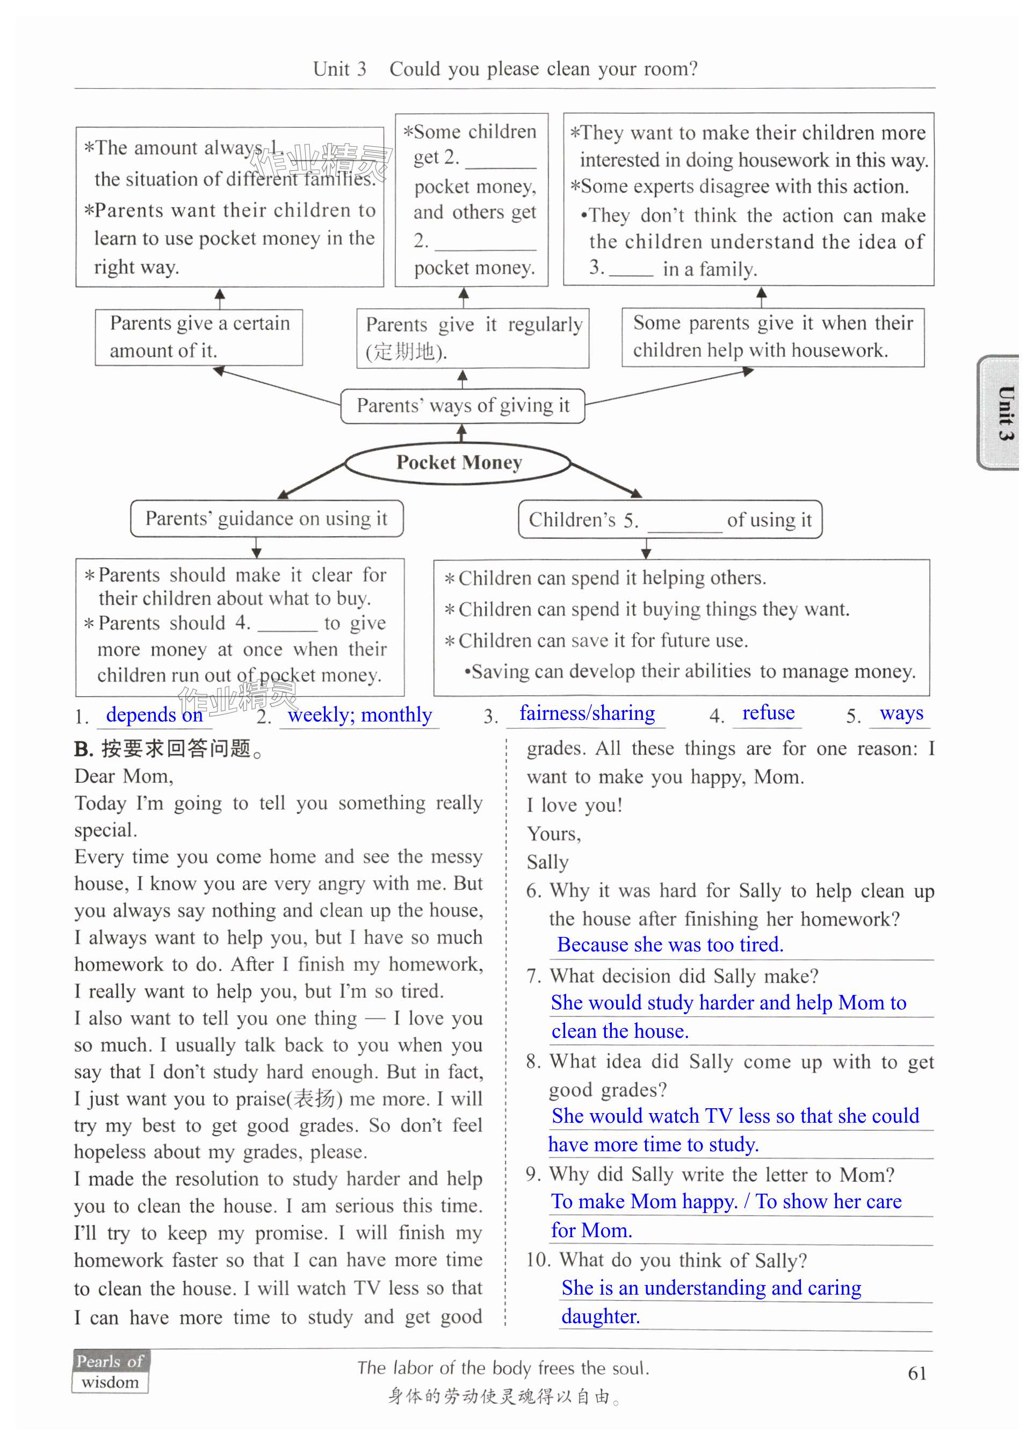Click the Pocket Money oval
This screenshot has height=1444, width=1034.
[x=458, y=463]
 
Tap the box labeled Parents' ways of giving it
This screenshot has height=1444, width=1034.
[x=462, y=406]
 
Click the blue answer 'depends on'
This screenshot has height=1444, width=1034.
[x=154, y=714]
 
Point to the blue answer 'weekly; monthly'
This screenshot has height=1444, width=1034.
[x=360, y=714]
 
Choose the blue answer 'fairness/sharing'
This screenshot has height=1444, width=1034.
[x=587, y=713]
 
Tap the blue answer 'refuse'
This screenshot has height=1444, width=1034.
[x=768, y=712]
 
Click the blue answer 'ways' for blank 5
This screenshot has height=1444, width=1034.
[x=901, y=713]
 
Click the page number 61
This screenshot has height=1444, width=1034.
[x=916, y=1373]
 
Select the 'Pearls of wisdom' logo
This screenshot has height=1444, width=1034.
[x=110, y=1371]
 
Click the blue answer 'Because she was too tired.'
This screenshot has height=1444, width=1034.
[x=670, y=944]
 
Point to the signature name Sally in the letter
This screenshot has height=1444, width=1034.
[x=547, y=862]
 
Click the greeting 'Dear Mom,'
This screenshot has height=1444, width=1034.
[x=124, y=776]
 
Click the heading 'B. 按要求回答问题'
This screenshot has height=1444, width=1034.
[x=168, y=749]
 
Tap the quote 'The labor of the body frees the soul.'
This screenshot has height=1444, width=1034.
[x=502, y=1368]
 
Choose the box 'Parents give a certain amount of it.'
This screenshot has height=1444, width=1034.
[x=199, y=337]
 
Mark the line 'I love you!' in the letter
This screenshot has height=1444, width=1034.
[x=574, y=805]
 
